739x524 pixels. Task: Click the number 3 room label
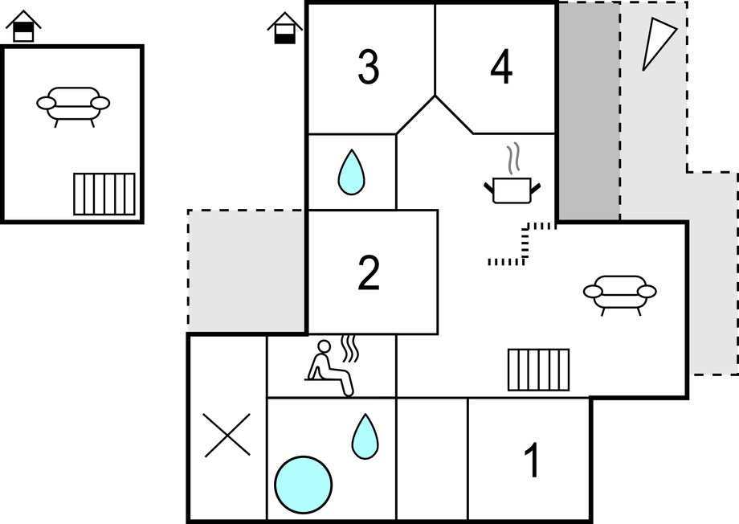click(x=368, y=67)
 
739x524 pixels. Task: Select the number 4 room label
click(x=501, y=67)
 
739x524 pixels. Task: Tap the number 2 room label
click(x=369, y=273)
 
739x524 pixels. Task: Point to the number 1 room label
click(x=533, y=460)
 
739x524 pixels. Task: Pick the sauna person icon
click(x=332, y=366)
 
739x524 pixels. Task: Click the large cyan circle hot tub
click(x=303, y=485)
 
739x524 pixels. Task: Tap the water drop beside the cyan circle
click(x=365, y=436)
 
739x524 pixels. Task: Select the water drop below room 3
click(x=351, y=172)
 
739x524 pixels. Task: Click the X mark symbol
click(x=227, y=435)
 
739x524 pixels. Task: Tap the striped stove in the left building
click(x=104, y=194)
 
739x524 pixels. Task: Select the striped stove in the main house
click(x=539, y=370)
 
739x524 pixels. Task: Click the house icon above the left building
click(x=23, y=26)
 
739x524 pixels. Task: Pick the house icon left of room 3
click(x=284, y=28)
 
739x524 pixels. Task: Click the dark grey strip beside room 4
click(x=589, y=111)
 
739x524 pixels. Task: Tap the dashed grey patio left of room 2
click(x=246, y=271)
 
